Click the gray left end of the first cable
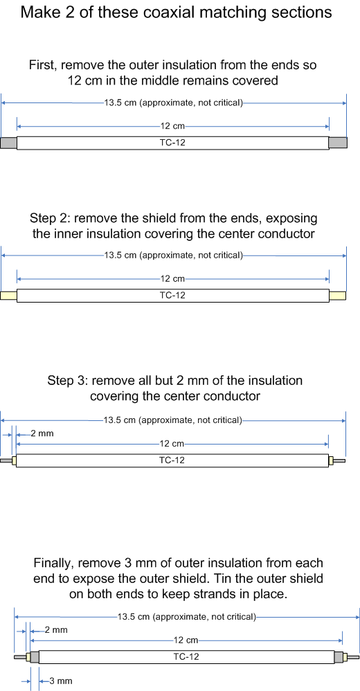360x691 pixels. (9, 143)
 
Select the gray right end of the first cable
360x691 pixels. (338, 143)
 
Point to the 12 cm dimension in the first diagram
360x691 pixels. (172, 127)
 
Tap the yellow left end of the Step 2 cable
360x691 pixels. (9, 296)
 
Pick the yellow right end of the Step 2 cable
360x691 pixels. (338, 295)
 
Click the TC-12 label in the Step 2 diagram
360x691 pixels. (172, 295)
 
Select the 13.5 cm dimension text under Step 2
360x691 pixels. (173, 255)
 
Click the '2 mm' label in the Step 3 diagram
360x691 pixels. (42, 433)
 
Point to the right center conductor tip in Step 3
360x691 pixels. (345, 461)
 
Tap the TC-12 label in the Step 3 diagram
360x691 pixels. (172, 460)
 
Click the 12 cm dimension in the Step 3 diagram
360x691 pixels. (172, 443)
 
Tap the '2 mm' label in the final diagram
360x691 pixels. (56, 630)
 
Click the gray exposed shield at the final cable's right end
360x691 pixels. (339, 657)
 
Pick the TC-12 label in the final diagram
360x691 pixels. (186, 656)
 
